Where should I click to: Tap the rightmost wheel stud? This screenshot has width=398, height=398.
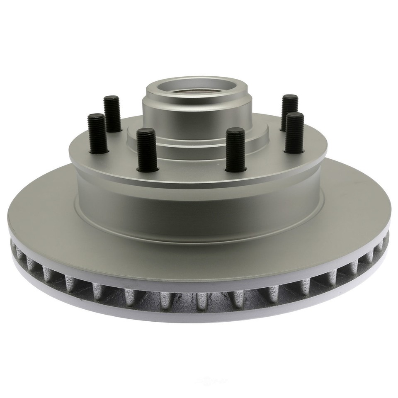(x=294, y=133)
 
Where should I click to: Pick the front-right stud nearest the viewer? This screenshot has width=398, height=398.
(x=235, y=149)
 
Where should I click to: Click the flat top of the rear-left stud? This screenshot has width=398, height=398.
(x=111, y=99)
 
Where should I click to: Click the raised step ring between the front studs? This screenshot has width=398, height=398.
(x=191, y=153)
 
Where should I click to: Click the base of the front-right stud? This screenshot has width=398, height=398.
(x=235, y=168)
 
